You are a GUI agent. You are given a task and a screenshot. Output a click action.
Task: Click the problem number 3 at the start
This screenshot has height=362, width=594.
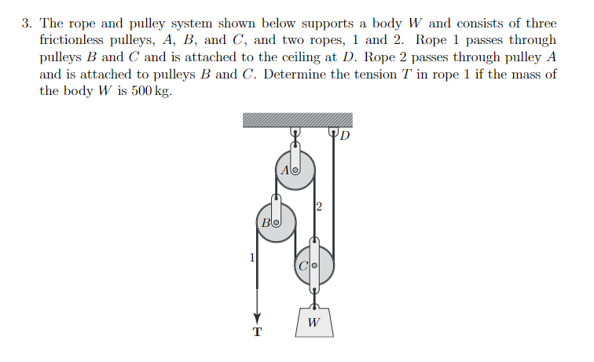pyautogui.click(x=26, y=24)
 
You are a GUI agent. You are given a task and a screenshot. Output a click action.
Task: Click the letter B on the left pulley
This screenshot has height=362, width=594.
pyautogui.click(x=266, y=223)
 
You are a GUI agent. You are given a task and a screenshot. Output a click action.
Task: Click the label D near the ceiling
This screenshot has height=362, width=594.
pyautogui.click(x=346, y=136)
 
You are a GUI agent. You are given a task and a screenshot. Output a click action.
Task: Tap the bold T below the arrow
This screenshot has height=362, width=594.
pyautogui.click(x=256, y=332)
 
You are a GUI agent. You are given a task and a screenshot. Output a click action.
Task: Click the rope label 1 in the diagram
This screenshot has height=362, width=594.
pyautogui.click(x=251, y=256)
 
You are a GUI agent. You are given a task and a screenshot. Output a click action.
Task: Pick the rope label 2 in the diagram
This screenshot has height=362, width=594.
pyautogui.click(x=319, y=207)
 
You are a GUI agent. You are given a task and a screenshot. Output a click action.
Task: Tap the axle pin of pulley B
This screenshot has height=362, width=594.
pyautogui.click(x=276, y=223)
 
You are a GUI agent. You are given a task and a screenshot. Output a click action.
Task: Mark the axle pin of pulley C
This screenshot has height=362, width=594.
pyautogui.click(x=314, y=266)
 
